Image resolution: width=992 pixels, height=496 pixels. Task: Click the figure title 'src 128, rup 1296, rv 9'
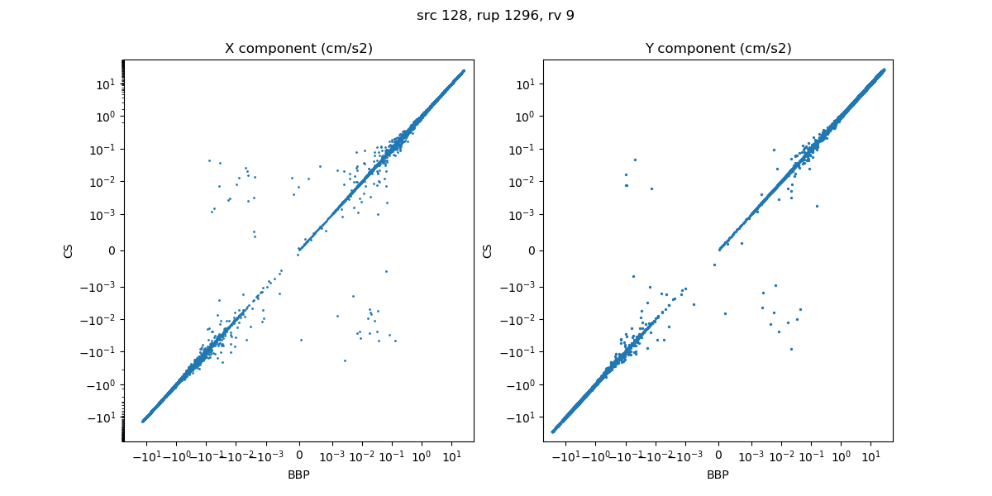click(x=495, y=16)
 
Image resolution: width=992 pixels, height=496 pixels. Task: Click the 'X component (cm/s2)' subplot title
click(x=298, y=49)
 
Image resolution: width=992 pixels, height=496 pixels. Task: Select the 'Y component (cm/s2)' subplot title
click(x=718, y=49)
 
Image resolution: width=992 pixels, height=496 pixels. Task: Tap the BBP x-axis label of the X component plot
click(x=298, y=475)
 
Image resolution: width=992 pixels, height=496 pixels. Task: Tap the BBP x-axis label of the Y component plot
click(x=718, y=475)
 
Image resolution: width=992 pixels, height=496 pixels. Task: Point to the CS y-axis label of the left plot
click(x=69, y=250)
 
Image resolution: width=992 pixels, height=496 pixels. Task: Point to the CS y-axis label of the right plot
click(x=488, y=250)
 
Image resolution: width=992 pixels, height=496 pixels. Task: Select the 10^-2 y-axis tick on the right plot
click(x=522, y=182)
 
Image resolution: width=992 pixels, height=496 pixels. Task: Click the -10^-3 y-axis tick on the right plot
click(x=519, y=287)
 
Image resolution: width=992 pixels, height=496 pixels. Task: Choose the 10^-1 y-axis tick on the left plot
click(x=103, y=149)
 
